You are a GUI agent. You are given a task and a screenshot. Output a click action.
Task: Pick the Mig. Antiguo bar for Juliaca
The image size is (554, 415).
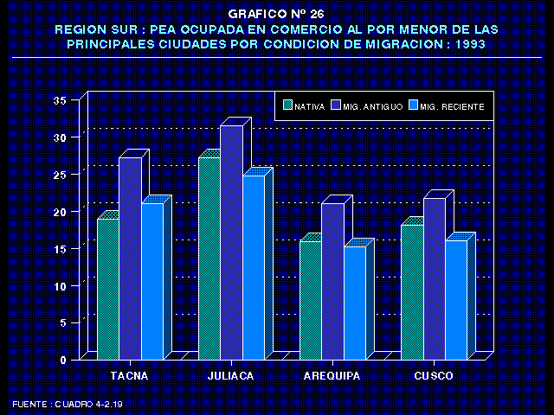click(231, 242)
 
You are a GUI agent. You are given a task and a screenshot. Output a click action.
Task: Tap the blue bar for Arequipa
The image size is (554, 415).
click(354, 303)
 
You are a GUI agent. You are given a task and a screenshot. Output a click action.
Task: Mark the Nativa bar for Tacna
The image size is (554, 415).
click(107, 289)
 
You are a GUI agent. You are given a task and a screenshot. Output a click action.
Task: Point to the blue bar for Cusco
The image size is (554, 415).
click(455, 299)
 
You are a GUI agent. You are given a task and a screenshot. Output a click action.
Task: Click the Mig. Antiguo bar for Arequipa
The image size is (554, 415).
click(332, 281)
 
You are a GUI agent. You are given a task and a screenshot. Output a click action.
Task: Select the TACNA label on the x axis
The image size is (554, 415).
click(129, 376)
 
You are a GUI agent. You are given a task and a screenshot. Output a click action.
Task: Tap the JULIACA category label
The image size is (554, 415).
click(231, 376)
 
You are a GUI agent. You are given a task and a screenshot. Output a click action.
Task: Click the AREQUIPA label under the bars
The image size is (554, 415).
click(332, 376)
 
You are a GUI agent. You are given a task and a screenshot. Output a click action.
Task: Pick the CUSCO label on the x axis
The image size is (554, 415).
click(434, 376)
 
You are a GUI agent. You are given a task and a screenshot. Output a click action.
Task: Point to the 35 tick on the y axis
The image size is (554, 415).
click(60, 100)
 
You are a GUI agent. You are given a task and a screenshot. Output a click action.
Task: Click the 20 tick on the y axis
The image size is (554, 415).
click(60, 212)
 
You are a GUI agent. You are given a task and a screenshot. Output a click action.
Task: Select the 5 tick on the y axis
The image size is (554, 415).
click(62, 322)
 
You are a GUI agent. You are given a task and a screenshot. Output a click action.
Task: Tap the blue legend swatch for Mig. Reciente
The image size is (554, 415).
click(413, 106)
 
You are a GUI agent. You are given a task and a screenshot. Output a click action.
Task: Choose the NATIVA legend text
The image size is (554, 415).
click(310, 107)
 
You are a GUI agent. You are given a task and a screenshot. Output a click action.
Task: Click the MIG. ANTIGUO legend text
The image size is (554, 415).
click(372, 107)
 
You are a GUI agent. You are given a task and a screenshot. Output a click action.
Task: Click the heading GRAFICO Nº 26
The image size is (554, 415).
click(276, 14)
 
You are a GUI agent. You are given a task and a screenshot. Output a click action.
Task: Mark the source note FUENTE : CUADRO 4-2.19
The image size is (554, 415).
click(68, 404)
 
